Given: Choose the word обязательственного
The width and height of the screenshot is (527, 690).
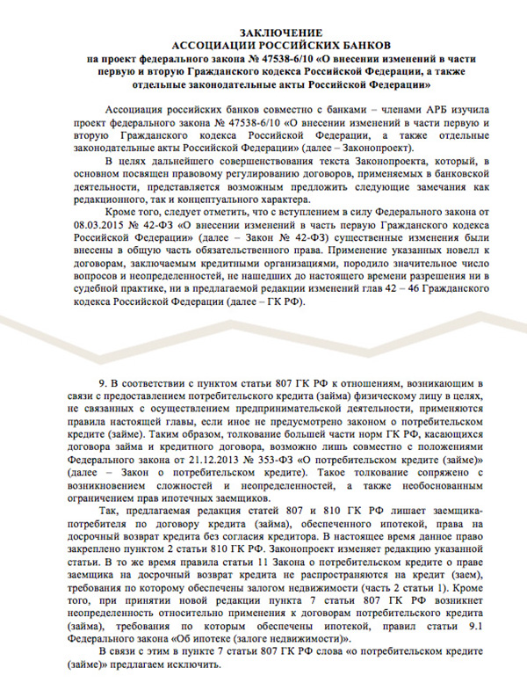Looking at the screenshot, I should tap(237, 260).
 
